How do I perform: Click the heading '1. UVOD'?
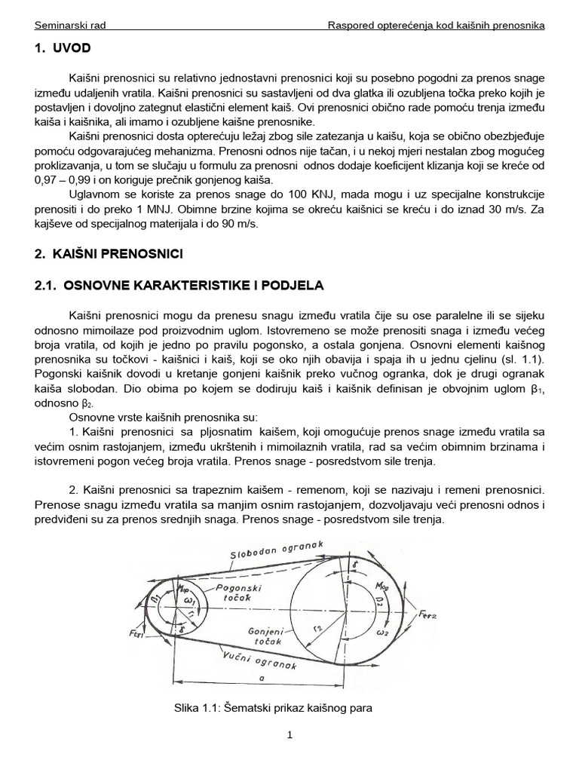pos(63,48)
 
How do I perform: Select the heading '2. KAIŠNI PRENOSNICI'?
pos(109,255)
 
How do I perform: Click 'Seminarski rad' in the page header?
pos(70,25)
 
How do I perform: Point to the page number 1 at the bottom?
pos(289,736)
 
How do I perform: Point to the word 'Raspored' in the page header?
pos(351,25)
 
